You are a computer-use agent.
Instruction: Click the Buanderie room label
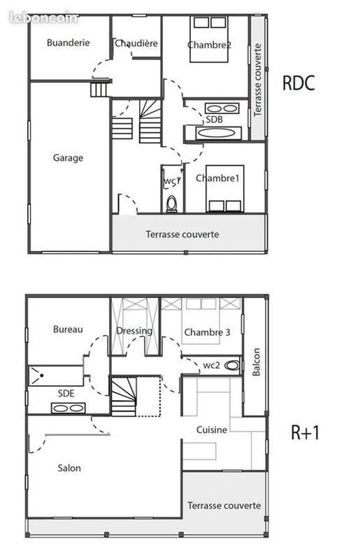click(69, 43)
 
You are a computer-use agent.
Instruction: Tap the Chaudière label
click(136, 43)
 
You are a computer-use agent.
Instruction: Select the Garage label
click(69, 158)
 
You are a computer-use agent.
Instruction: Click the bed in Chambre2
click(209, 39)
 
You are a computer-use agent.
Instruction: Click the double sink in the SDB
click(222, 108)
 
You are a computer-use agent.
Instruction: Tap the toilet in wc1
click(172, 204)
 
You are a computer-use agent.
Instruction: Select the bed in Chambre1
click(224, 189)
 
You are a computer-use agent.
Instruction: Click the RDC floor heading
click(298, 83)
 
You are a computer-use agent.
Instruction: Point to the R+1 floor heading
click(305, 432)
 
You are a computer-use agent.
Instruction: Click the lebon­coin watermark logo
click(44, 18)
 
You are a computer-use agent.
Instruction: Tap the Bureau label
click(69, 329)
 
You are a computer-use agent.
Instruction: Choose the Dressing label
click(134, 331)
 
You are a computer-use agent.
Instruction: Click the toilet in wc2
click(232, 366)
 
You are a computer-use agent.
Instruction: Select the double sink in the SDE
click(69, 408)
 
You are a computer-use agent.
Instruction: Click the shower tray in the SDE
click(56, 376)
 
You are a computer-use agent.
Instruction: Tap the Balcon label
click(256, 362)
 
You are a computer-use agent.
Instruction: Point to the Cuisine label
click(212, 429)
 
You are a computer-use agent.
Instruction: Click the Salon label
click(69, 468)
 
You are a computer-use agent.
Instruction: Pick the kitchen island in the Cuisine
click(199, 451)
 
